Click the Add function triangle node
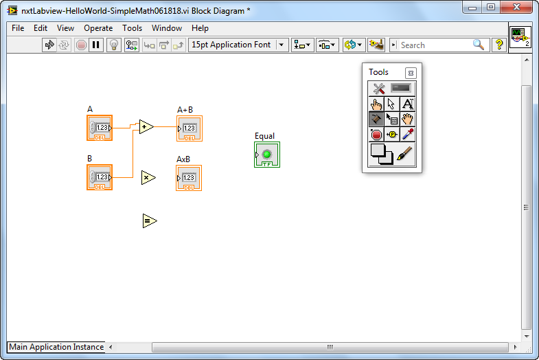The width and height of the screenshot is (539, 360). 146,127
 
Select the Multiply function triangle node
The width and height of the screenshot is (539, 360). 148,177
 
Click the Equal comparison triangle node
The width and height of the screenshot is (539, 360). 150,221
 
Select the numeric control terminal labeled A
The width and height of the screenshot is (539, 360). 100,128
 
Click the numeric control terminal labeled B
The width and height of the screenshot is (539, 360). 100,177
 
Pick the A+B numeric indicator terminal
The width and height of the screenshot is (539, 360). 190,128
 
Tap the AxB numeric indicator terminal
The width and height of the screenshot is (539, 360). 189,178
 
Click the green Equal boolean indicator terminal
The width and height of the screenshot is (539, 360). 267,155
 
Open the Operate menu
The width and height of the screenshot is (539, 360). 98,28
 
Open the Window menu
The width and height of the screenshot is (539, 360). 167,28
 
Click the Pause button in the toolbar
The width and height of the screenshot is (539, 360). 96,45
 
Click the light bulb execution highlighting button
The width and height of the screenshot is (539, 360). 114,45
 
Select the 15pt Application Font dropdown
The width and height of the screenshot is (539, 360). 238,45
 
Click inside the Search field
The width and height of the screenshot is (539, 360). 435,45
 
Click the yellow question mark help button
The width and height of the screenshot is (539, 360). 499,45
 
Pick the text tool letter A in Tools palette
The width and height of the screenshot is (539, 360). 408,104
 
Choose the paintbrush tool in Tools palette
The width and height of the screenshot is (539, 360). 404,154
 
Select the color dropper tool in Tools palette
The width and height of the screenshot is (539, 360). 408,135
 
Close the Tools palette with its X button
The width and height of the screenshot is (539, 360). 411,73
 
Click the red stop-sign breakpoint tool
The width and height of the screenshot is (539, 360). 376,135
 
